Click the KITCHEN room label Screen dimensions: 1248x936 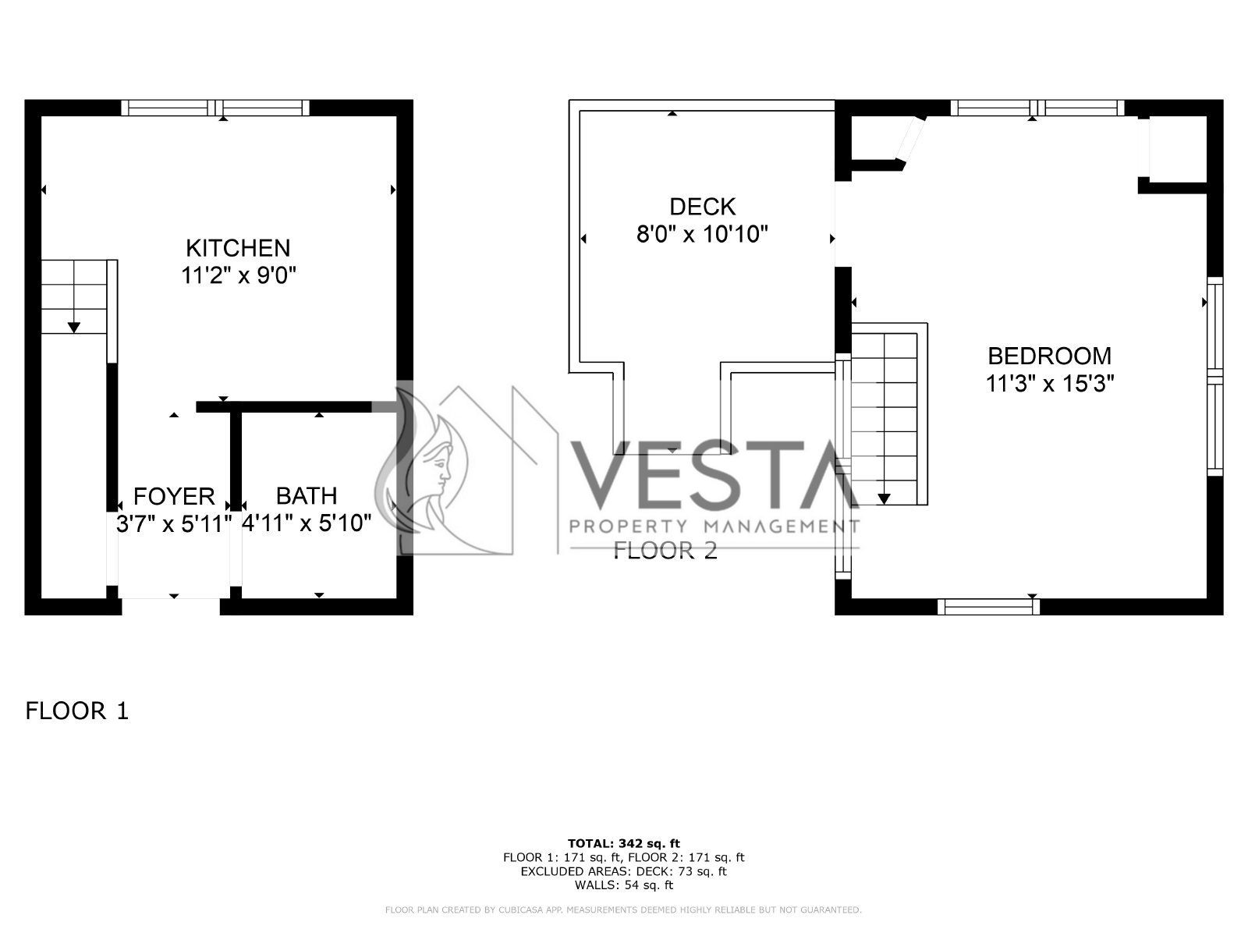(x=238, y=248)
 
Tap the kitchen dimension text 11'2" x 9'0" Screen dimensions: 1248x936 (x=238, y=276)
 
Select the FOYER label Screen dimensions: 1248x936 (x=174, y=497)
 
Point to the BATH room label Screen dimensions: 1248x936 (x=307, y=496)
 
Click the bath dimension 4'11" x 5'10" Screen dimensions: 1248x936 (x=307, y=523)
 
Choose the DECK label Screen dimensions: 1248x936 (x=702, y=207)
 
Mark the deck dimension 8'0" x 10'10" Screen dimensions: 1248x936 (x=702, y=234)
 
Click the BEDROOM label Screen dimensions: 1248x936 (x=1049, y=356)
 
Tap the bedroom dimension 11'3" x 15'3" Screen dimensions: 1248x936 (x=1049, y=384)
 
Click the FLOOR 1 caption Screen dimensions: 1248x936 (x=76, y=711)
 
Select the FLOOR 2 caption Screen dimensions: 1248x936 (x=665, y=550)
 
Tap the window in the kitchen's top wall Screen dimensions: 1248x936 (x=215, y=108)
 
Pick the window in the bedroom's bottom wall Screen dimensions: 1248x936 (x=988, y=607)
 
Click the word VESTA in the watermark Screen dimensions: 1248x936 (x=714, y=474)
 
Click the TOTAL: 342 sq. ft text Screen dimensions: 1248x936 (x=624, y=843)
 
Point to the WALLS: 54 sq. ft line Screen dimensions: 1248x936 (x=624, y=885)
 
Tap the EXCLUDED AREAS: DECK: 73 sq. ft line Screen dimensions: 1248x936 (x=624, y=871)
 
